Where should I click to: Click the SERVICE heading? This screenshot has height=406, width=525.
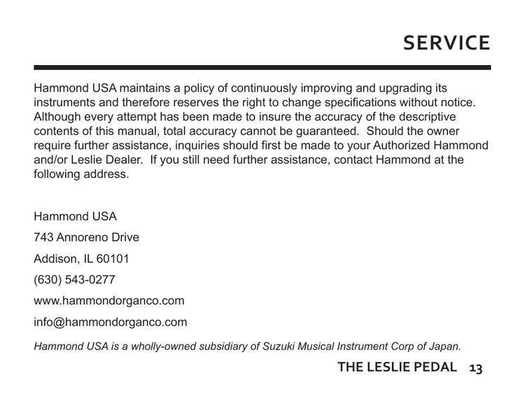point(447,43)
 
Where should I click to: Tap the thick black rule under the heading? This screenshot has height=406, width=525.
point(262,67)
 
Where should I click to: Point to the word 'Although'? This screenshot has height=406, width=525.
point(58,117)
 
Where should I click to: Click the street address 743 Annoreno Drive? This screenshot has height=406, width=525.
point(86,237)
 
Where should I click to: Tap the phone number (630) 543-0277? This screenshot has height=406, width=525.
point(74,280)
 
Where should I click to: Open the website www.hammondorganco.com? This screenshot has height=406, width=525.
point(108,301)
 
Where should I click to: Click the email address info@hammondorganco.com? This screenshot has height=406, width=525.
point(111,323)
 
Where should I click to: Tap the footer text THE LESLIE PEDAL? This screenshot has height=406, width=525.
point(397,367)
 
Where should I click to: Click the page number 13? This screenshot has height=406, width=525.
point(476,367)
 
